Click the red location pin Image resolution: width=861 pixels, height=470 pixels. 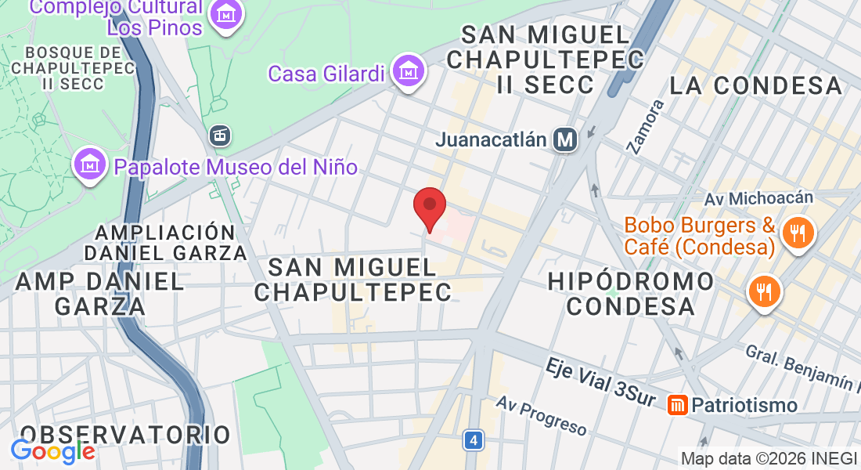tap(430, 207)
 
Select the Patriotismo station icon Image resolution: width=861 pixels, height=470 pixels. tap(678, 405)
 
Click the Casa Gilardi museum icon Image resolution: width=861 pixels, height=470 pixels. tap(407, 72)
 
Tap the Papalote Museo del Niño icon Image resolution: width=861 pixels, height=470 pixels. tap(90, 164)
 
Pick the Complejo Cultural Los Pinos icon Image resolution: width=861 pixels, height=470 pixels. tap(226, 15)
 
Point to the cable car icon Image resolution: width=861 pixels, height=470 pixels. tap(221, 136)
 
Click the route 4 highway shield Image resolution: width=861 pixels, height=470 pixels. tap(472, 440)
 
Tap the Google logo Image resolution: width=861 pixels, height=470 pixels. tap(52, 451)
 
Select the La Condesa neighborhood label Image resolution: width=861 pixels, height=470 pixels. tap(756, 85)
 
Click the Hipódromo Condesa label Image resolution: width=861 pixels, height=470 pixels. tap(631, 293)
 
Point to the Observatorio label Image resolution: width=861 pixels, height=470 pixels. tap(125, 435)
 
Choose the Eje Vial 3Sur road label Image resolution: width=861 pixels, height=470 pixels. tap(600, 383)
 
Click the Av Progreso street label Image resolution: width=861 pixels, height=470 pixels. tap(542, 415)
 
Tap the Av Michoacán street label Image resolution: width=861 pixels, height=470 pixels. tap(769, 198)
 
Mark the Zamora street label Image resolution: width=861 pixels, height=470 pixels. tap(646, 125)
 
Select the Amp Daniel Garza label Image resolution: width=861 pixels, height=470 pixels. tap(99, 293)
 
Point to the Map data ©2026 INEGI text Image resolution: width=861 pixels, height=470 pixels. tap(769, 458)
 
